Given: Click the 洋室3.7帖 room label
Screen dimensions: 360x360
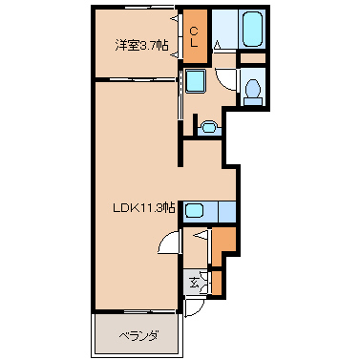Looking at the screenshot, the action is [141, 46].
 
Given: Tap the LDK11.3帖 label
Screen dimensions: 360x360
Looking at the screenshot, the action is [144, 208].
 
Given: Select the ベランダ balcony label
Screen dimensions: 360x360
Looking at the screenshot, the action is [139, 336].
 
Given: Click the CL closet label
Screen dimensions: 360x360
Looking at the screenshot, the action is [194, 37].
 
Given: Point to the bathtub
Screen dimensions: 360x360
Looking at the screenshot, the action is [252, 30].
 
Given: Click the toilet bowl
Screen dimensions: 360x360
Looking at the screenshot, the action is [253, 88].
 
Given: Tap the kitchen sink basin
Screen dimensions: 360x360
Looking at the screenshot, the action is [195, 210].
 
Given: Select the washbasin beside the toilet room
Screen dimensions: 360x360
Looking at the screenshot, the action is [209, 127].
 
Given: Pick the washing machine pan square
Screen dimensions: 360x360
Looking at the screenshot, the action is [195, 81].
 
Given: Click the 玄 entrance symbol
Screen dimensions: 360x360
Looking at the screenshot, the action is [194, 282].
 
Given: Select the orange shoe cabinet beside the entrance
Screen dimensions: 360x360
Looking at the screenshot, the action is [217, 283].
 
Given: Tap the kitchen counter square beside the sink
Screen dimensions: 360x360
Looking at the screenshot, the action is [227, 211].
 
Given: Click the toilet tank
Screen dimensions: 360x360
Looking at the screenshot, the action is [253, 101].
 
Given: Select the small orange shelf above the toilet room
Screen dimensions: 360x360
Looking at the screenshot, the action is [252, 58].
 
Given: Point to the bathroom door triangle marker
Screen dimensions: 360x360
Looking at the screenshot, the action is [218, 45].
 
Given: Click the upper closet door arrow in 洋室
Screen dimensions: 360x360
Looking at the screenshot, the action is [175, 19].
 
